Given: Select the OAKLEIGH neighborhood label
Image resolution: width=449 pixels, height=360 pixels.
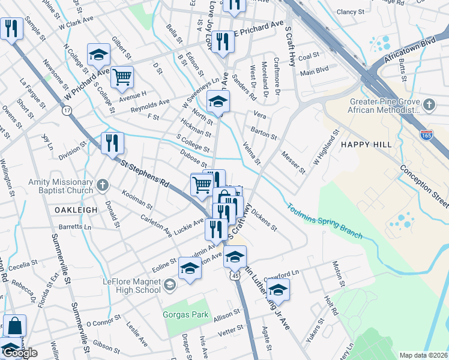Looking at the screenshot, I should point(76,209).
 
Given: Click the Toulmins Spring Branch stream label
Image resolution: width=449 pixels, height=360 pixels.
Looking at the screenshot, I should point(324,221).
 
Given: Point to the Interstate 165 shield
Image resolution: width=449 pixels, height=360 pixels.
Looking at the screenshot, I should point(427,134).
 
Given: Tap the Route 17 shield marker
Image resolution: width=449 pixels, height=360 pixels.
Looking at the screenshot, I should point(67,110).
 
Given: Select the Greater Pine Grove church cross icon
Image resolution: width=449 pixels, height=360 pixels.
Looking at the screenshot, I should point(429,106).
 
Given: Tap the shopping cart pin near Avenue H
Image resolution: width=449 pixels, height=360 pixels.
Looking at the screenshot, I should point(122,76).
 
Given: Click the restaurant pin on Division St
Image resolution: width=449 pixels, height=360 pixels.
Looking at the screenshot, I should point(112,143).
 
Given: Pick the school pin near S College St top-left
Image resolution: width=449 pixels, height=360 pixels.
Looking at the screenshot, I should point(98,55).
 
